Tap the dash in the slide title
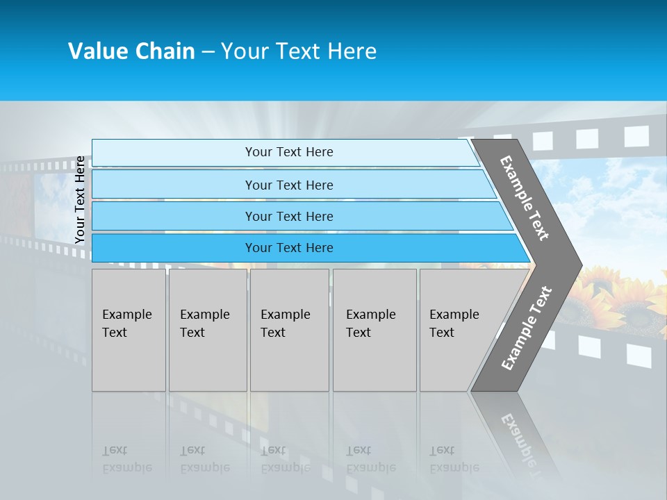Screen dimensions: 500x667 click(x=208, y=52)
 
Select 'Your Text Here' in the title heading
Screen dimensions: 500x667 click(x=299, y=51)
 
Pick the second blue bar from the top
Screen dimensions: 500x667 click(x=289, y=185)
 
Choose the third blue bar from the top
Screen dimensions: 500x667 click(x=289, y=216)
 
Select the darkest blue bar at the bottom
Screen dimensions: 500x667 click(x=289, y=248)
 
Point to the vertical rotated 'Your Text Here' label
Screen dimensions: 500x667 click(x=80, y=200)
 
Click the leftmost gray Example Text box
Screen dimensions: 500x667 click(x=129, y=330)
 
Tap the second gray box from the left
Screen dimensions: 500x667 click(x=207, y=330)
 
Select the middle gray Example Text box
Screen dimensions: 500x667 click(x=289, y=330)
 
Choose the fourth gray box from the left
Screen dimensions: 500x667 click(x=374, y=330)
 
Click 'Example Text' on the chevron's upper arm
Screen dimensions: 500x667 click(x=525, y=198)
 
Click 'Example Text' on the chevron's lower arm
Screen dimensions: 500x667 click(x=527, y=328)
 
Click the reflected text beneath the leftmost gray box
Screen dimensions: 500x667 click(x=126, y=459)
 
